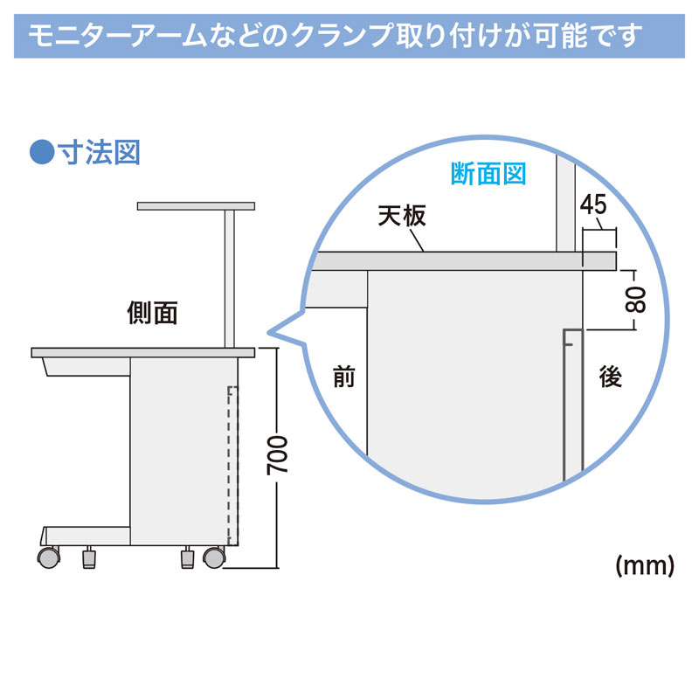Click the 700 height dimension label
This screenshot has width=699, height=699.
click(x=277, y=455)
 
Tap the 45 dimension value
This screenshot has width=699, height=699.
click(x=593, y=205)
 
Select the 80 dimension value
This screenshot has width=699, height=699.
click(x=635, y=299)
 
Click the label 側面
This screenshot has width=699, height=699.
click(x=152, y=313)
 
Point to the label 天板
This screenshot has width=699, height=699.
click(x=402, y=216)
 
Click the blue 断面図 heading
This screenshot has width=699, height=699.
click(x=488, y=173)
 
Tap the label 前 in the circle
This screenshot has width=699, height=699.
click(x=344, y=377)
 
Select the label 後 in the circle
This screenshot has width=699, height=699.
click(x=610, y=377)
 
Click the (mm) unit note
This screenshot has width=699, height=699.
click(x=645, y=566)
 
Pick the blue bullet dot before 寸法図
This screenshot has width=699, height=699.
click(x=42, y=152)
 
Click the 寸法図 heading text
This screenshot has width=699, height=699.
click(x=99, y=152)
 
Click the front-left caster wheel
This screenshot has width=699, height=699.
click(x=49, y=557)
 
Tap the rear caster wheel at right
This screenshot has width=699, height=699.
click(x=214, y=557)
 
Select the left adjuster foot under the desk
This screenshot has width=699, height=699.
click(x=89, y=557)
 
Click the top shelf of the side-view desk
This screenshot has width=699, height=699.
click(x=196, y=206)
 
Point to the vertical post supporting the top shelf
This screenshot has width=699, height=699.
click(x=230, y=279)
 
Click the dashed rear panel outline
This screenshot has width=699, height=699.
click(x=232, y=466)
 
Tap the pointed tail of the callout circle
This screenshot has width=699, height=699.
click(x=269, y=332)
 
